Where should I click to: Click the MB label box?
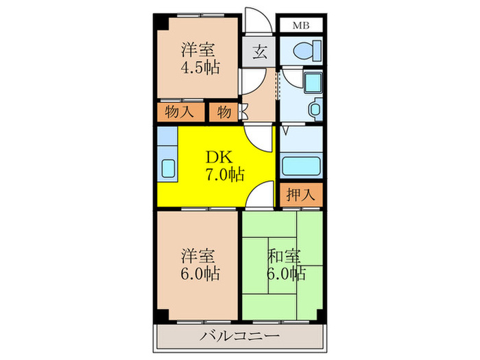[x=301, y=26]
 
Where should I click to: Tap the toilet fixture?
[x=301, y=50]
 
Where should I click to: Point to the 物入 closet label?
[x=180, y=112]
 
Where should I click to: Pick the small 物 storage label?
[x=224, y=112]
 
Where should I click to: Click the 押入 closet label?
[x=300, y=194]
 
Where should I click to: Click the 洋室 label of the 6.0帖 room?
[x=199, y=256]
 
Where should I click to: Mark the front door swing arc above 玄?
[x=254, y=21]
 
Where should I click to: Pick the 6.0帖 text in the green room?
[x=286, y=274]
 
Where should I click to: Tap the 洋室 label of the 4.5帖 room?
[x=199, y=50]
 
